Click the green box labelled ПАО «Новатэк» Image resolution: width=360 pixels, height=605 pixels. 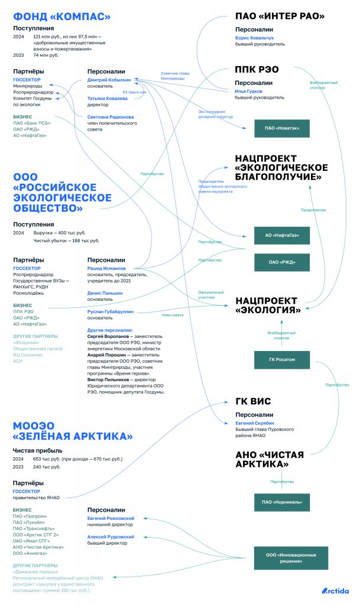281,128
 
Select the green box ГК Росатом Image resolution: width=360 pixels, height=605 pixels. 281,359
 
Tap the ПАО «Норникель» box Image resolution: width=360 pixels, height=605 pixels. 281,503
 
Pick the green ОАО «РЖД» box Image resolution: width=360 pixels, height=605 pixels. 281,262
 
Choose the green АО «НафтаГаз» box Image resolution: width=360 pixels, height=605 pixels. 281,236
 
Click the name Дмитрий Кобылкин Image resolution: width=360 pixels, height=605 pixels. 109,79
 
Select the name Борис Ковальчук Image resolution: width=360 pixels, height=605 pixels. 255,37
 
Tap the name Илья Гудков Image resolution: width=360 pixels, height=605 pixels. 249,91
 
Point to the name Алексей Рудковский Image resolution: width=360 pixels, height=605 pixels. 111,536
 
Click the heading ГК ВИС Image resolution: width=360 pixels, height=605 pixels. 253,402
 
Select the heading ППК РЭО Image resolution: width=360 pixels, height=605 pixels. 257,69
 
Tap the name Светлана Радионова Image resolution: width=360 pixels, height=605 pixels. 111,117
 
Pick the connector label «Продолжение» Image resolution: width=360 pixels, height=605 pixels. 313,210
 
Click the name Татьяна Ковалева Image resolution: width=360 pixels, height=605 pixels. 107,98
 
